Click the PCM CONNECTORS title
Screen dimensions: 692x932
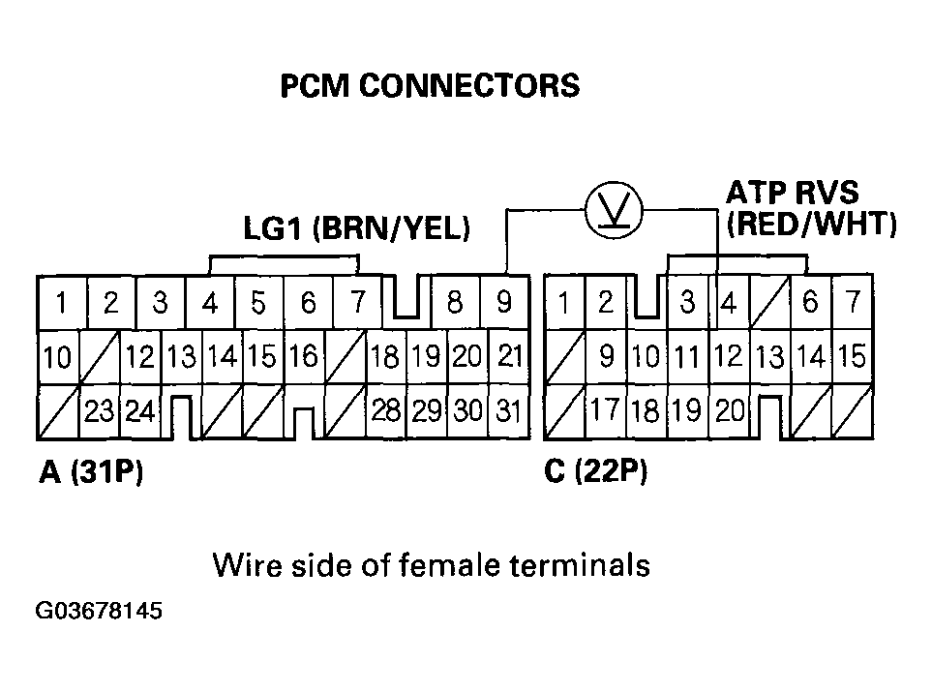(430, 86)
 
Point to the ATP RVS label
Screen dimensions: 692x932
(792, 192)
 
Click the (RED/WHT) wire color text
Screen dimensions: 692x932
(811, 225)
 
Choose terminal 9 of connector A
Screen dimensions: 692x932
(504, 303)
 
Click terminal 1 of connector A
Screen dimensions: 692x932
(61, 303)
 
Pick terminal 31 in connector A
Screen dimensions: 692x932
(506, 410)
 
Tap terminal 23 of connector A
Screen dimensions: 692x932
(99, 411)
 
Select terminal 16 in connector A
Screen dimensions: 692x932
(303, 357)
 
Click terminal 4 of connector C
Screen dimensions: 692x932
(728, 304)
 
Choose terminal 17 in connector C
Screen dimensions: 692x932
(605, 410)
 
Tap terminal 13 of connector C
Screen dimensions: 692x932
(769, 358)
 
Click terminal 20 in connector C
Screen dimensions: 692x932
(730, 411)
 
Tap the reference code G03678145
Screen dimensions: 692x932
(98, 612)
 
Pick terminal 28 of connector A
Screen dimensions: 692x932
(386, 410)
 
